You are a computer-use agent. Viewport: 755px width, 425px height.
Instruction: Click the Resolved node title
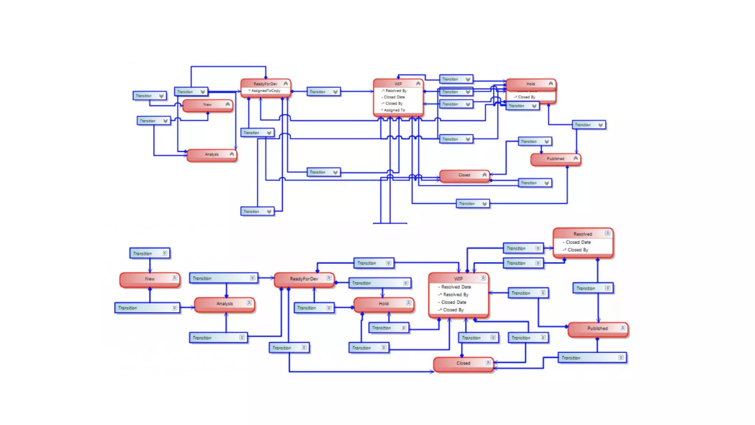click(582, 234)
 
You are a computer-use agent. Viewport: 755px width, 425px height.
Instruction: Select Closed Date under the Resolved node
click(578, 242)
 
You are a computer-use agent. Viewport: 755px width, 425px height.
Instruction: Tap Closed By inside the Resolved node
click(578, 250)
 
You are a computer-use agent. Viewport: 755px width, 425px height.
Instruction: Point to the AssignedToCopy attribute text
click(265, 91)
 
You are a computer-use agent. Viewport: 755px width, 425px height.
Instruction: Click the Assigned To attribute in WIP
click(394, 110)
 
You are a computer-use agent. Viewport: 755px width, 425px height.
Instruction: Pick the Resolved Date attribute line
click(456, 287)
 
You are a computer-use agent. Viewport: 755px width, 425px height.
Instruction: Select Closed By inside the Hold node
click(526, 97)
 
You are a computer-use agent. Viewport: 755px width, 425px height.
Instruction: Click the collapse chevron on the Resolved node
click(608, 233)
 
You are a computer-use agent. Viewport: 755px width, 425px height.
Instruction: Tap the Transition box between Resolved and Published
click(593, 288)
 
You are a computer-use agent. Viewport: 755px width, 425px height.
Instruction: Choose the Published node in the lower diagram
click(598, 328)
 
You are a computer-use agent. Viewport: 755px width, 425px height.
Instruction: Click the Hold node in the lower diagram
click(383, 304)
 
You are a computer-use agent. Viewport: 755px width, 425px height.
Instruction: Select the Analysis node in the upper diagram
click(212, 155)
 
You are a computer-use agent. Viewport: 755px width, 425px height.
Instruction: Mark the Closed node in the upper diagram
click(464, 175)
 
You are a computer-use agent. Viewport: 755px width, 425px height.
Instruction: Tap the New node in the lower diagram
click(150, 279)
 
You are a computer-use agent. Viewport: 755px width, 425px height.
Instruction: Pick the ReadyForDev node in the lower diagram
click(304, 279)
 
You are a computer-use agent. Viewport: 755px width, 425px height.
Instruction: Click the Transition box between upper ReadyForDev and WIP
click(323, 92)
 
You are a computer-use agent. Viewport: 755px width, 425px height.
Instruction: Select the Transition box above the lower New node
click(150, 253)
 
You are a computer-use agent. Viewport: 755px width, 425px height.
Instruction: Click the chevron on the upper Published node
click(575, 158)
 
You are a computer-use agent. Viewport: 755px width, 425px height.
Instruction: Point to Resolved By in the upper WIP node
click(396, 91)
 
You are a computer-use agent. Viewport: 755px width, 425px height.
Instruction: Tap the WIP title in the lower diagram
click(458, 279)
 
